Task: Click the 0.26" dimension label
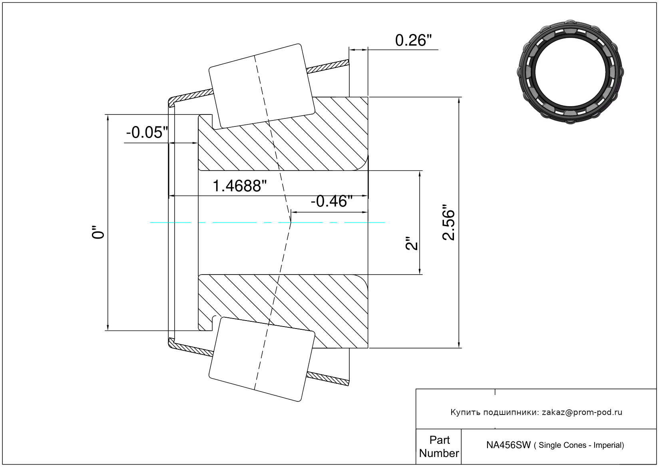tap(413, 40)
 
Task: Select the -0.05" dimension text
tap(147, 132)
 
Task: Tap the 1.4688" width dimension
tap(239, 186)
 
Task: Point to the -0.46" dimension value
tap(331, 201)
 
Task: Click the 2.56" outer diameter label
tap(449, 222)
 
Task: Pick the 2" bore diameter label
tap(411, 243)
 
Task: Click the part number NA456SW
tap(508, 445)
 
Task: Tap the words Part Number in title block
tap(439, 447)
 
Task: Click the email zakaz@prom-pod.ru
tap(582, 412)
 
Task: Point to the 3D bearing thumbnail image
tap(570, 71)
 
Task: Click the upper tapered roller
tap(262, 86)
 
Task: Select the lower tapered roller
tap(262, 359)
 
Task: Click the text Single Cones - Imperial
tap(581, 445)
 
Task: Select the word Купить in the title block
tap(465, 412)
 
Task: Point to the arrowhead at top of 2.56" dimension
tap(459, 100)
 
